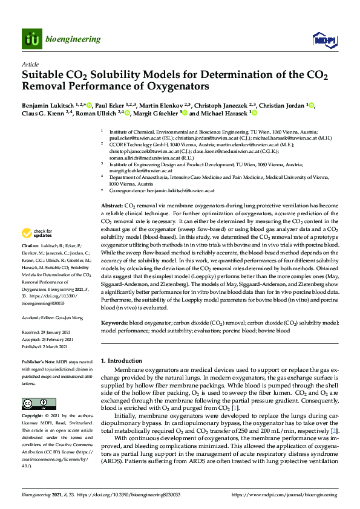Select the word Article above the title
(x=30, y=64)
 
